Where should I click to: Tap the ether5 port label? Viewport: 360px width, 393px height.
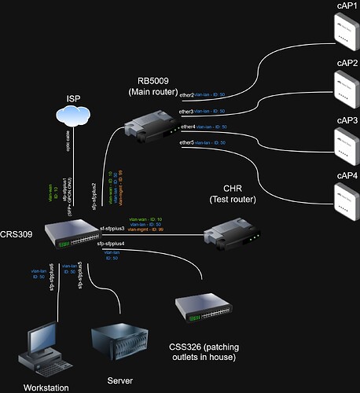[186, 142]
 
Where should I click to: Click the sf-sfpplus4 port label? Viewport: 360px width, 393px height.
[112, 245]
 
